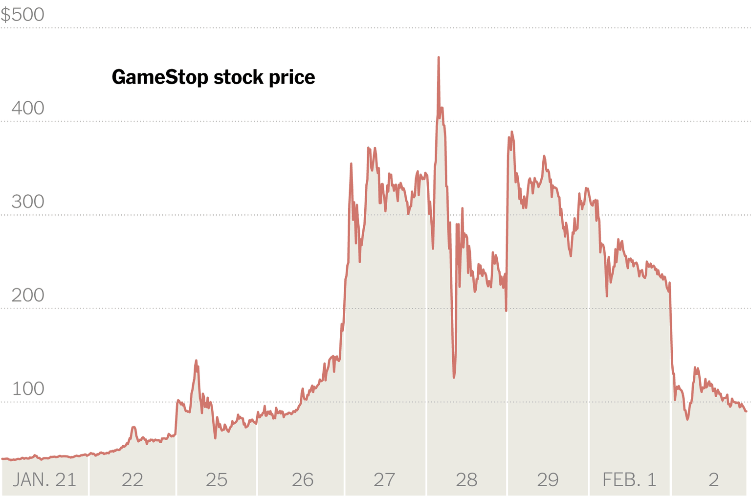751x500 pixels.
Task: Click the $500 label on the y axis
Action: tap(22, 15)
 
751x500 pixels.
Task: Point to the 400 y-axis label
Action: tap(28, 108)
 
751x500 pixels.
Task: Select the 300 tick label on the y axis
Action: tap(28, 202)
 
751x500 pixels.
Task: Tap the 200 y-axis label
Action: tap(28, 295)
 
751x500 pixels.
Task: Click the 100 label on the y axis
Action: tap(28, 388)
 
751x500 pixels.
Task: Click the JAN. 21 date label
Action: tap(44, 480)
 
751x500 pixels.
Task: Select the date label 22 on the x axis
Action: tap(132, 480)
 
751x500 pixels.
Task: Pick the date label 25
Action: tap(216, 480)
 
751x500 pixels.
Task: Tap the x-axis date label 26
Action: tap(302, 480)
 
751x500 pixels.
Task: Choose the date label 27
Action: tap(384, 480)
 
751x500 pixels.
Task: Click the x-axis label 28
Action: tap(466, 480)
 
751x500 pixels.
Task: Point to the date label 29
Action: tap(548, 480)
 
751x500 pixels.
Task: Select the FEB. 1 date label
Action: tap(629, 480)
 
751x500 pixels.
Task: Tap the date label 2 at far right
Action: tap(713, 480)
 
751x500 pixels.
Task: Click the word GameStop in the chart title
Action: tap(159, 77)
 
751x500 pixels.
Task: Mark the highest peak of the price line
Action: tap(439, 58)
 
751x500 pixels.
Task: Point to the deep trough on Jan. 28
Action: tap(454, 377)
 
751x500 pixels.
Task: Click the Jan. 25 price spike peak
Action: tap(196, 361)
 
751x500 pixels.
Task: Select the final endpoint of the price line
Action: tap(746, 411)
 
